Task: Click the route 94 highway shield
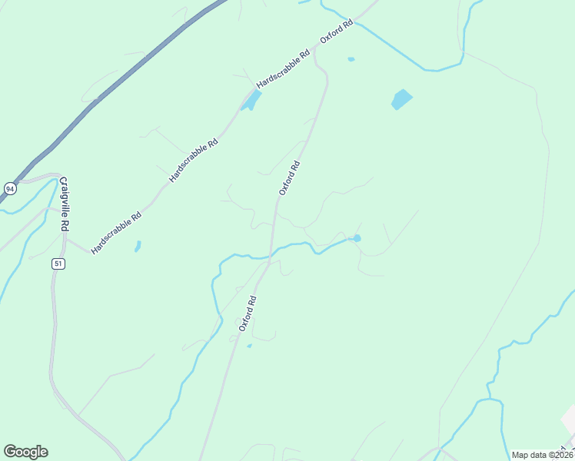[9, 188]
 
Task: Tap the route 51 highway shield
[58, 264]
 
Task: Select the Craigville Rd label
[65, 204]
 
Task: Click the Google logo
[25, 452]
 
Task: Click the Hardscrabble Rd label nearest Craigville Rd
[116, 234]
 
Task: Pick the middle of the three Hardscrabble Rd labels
[194, 160]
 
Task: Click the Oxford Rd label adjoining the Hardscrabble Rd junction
[336, 35]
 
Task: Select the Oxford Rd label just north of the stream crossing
[289, 177]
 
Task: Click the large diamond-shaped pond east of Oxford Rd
[401, 99]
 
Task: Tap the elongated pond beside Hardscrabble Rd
[251, 100]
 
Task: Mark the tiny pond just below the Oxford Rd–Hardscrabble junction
[351, 59]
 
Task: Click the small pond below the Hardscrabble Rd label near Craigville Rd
[138, 247]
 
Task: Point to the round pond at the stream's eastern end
[357, 238]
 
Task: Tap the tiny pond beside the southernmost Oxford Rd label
[249, 346]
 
